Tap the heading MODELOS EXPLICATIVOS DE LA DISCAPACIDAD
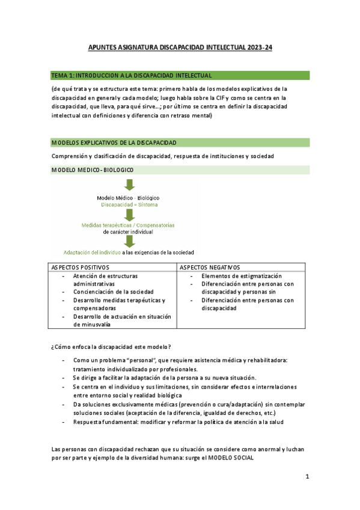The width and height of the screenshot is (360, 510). tap(114, 143)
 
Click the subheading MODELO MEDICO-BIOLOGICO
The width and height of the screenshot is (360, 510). tap(93, 170)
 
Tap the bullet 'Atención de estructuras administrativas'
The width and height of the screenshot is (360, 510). tap(105, 280)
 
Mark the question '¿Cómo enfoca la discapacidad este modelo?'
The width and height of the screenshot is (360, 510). tap(111, 346)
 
